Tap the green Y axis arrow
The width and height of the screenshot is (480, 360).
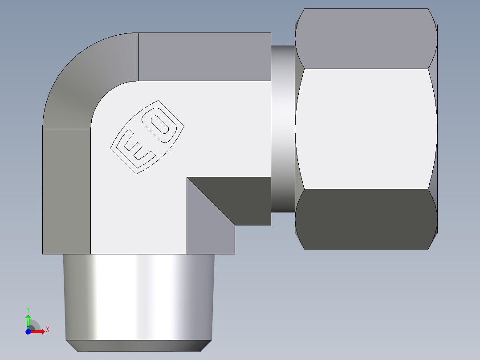coord(28,320)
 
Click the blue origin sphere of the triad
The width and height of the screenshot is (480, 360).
coord(28,331)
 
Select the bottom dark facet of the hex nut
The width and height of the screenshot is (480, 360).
coord(365,218)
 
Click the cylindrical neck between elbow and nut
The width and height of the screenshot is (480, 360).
coord(282,129)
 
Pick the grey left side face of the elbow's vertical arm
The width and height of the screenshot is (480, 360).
coord(66,192)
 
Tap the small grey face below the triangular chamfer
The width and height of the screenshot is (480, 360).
coord(209,238)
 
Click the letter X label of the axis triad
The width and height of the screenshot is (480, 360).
coord(48,330)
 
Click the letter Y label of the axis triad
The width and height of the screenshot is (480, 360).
coord(28,309)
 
